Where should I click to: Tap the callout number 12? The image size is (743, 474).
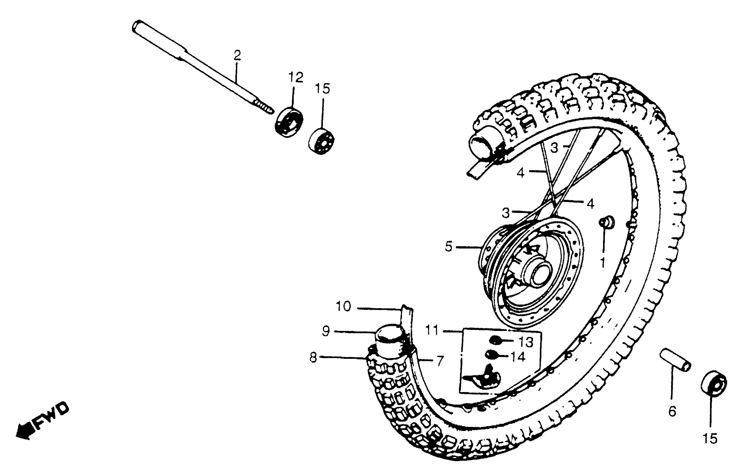pos(296,77)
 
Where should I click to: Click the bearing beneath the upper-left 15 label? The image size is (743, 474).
pos(321,141)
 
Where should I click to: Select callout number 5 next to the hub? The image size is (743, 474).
pos(448,247)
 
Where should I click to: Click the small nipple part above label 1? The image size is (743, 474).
pos(606,222)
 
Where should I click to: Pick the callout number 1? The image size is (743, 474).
pos(602,262)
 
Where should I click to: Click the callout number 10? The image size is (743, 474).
pos(343,306)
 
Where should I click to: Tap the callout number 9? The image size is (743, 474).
pos(326,331)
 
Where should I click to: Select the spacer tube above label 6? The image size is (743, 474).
pos(675,360)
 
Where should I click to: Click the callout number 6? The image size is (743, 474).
pos(672,411)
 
